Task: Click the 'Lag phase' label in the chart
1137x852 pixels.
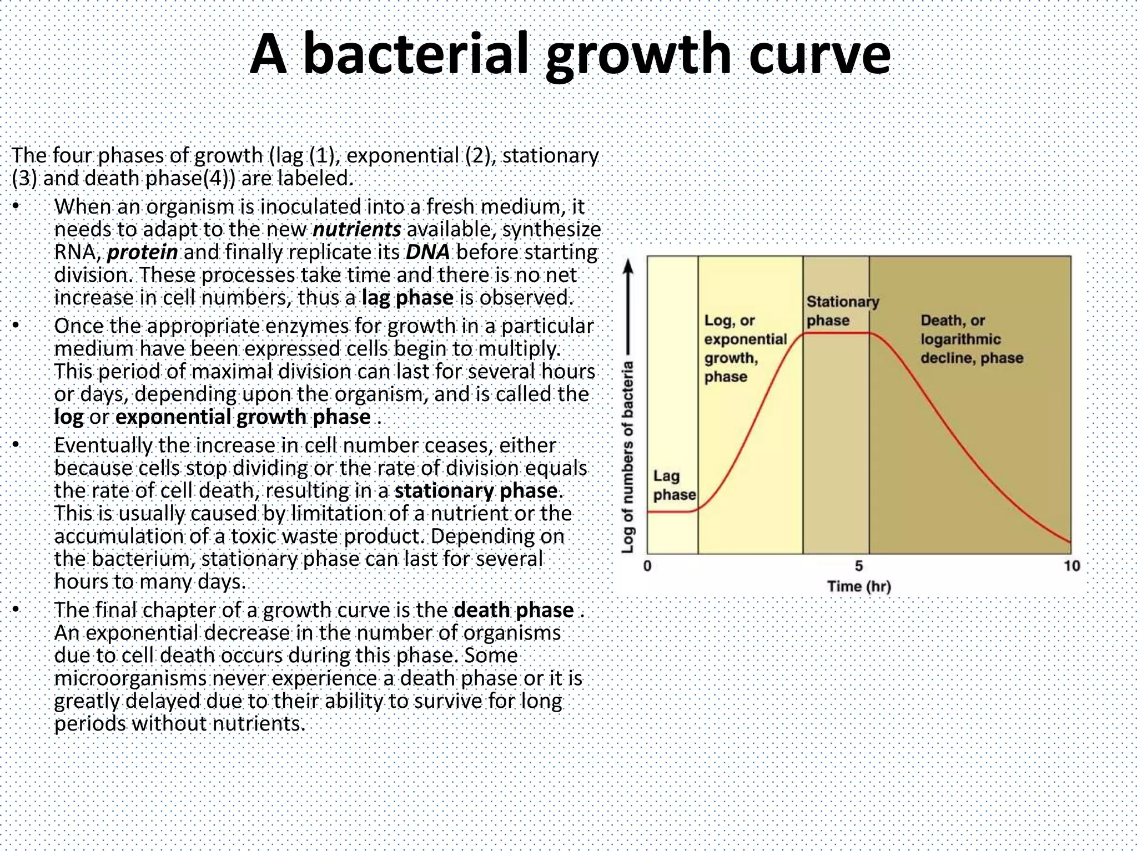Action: [x=673, y=485]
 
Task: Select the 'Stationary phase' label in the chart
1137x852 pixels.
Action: [x=842, y=311]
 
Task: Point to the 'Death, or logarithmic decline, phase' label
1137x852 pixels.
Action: [x=971, y=339]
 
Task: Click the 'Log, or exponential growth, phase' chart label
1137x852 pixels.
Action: [x=745, y=348]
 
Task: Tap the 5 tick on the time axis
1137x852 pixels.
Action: [x=859, y=566]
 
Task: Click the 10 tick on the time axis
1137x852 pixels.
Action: [x=1071, y=566]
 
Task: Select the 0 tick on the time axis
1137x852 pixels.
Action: [x=647, y=566]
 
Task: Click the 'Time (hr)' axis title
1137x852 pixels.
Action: [x=859, y=586]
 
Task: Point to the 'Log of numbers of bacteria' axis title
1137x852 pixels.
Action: [x=628, y=457]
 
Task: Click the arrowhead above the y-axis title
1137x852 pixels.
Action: [x=628, y=267]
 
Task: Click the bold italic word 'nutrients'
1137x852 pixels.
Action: [x=357, y=229]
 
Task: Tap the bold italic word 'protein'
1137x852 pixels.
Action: [x=142, y=252]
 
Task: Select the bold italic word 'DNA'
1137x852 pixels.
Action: [x=427, y=252]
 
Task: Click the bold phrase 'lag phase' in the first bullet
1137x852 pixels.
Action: [x=407, y=298]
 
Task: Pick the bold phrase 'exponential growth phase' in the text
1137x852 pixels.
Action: [x=243, y=417]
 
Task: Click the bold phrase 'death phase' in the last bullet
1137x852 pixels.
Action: [x=514, y=610]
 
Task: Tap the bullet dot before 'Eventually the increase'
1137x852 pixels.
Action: [x=16, y=444]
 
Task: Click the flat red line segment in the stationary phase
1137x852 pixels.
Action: [x=836, y=333]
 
